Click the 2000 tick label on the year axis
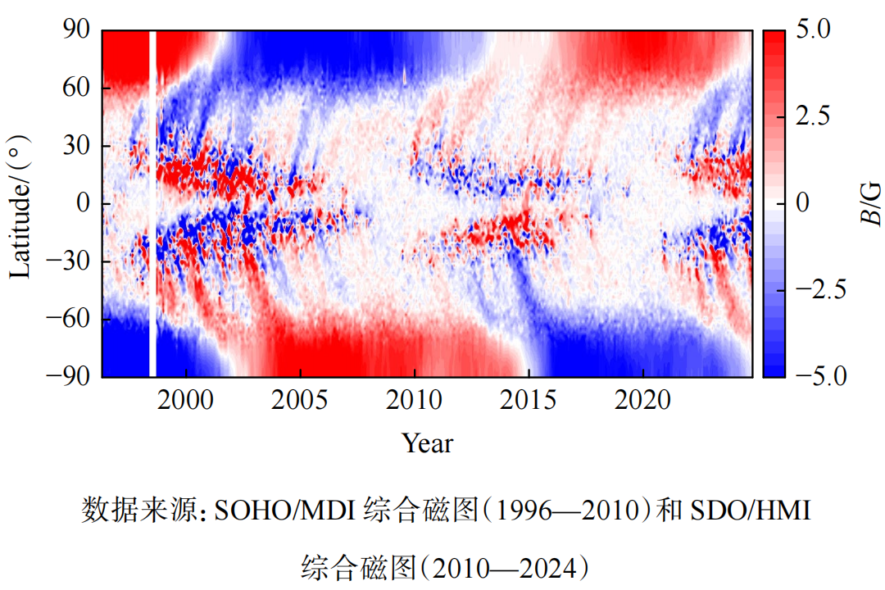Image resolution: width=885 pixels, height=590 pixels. click(187, 401)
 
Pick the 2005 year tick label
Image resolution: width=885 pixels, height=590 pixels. click(300, 401)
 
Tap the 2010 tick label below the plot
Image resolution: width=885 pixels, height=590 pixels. click(414, 401)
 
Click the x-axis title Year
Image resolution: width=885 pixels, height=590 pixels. click(427, 443)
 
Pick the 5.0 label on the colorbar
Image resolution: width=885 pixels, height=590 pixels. click(813, 30)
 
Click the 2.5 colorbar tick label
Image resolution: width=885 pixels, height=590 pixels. click(813, 116)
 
